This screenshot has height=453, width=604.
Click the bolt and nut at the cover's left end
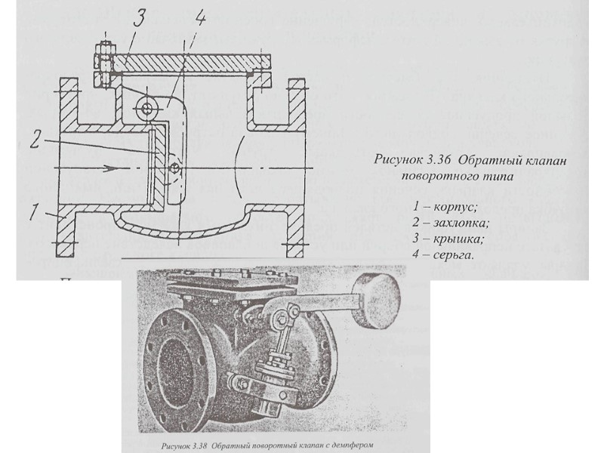[103, 65]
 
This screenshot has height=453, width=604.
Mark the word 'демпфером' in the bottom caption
[352, 444]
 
